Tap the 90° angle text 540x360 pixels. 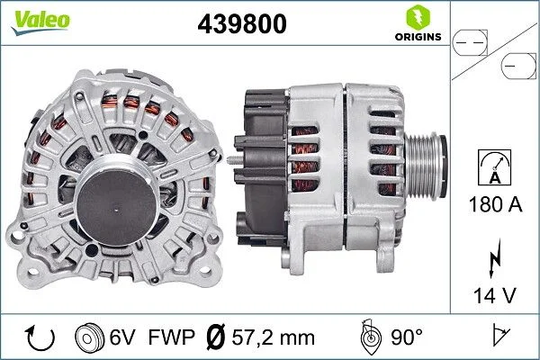click(x=406, y=338)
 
